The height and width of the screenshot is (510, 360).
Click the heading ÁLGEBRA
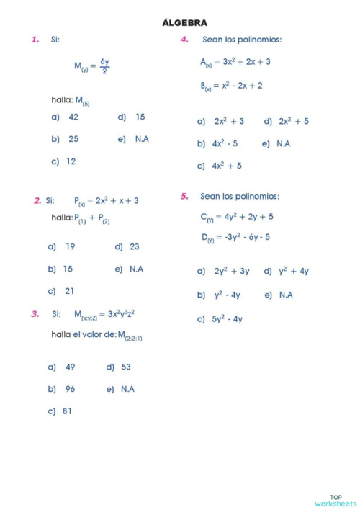[185, 24]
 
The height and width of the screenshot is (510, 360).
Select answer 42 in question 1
[73, 117]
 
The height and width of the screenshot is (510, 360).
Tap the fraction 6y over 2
[104, 66]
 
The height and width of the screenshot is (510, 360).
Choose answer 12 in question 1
[71, 161]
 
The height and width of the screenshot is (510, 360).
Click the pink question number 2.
[37, 200]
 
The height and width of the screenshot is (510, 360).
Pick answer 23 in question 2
[135, 246]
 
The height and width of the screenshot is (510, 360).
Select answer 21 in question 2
[70, 291]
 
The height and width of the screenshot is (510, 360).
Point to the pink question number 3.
[35, 314]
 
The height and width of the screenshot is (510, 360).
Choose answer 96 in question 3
[70, 389]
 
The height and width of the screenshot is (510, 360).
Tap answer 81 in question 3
[67, 411]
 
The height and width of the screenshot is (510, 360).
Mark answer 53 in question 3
[126, 367]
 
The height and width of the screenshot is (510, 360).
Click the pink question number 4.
[184, 40]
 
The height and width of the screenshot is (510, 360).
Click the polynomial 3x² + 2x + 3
[243, 62]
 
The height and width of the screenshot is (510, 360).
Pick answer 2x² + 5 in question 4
[294, 121]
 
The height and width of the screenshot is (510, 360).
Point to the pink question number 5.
[184, 196]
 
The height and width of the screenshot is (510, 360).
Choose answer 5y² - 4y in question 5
[227, 318]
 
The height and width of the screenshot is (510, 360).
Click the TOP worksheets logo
[336, 500]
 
